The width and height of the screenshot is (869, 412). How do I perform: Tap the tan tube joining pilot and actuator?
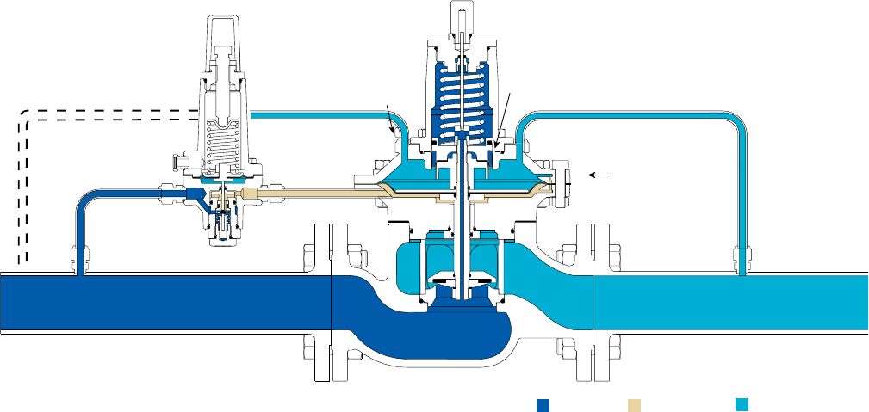[x=310, y=194]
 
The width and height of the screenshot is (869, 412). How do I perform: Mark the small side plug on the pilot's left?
[x=182, y=161]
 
